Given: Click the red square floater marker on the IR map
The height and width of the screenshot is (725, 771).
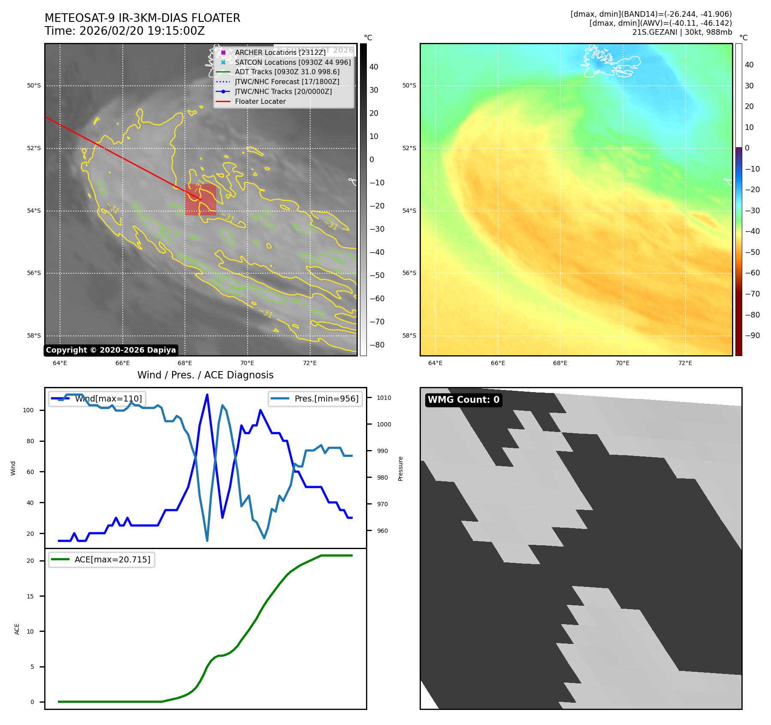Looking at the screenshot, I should click(x=200, y=199).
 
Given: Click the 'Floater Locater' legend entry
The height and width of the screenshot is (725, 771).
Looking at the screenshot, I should click(x=260, y=102).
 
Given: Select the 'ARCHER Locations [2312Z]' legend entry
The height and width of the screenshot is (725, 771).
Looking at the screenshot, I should click(x=280, y=52).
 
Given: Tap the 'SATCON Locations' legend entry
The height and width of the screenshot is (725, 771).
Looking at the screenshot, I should click(x=293, y=62).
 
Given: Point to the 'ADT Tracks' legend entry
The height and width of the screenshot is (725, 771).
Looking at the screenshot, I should click(x=287, y=72).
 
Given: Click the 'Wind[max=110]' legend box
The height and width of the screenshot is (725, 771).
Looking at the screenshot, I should click(x=97, y=399).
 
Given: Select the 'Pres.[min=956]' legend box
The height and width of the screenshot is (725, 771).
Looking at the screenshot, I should click(x=315, y=399).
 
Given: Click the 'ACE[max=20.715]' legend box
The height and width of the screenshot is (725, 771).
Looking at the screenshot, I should click(x=102, y=559).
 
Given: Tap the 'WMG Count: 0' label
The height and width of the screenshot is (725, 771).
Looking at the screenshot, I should click(x=463, y=400).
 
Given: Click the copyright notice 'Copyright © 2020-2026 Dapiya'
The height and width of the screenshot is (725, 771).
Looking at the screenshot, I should click(x=111, y=350).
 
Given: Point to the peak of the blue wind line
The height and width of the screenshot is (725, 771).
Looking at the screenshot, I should click(x=207, y=395).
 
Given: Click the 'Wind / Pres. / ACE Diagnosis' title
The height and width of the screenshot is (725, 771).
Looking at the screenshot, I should click(x=205, y=375).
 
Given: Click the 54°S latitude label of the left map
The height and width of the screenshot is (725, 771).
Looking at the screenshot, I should click(x=34, y=211).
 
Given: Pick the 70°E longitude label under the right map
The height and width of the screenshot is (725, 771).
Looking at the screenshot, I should click(x=623, y=363).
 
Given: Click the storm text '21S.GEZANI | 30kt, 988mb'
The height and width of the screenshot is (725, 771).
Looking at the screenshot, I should click(x=682, y=32).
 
